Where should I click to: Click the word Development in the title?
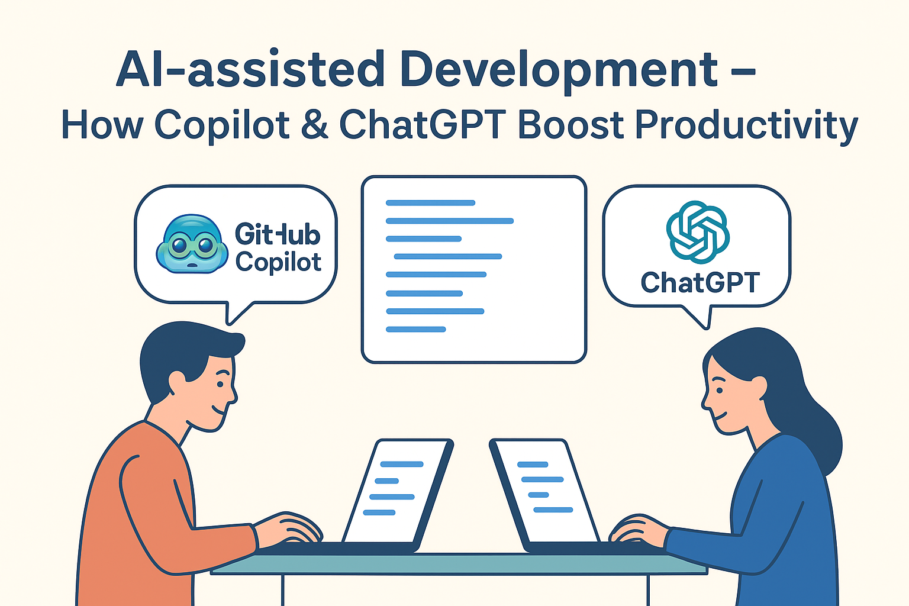559,69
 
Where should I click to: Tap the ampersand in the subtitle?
314,124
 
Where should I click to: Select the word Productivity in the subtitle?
746,126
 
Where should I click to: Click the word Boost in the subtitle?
570,125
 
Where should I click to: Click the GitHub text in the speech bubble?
278,234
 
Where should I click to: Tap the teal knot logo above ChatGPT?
698,232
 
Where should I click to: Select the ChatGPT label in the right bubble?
700,282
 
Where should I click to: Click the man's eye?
220,384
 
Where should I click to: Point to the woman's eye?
719,390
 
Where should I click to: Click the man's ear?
178,383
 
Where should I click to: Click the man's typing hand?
289,528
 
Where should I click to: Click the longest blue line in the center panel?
450,221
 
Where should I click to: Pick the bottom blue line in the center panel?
415,329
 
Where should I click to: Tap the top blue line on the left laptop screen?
402,464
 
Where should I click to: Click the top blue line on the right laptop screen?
533,465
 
